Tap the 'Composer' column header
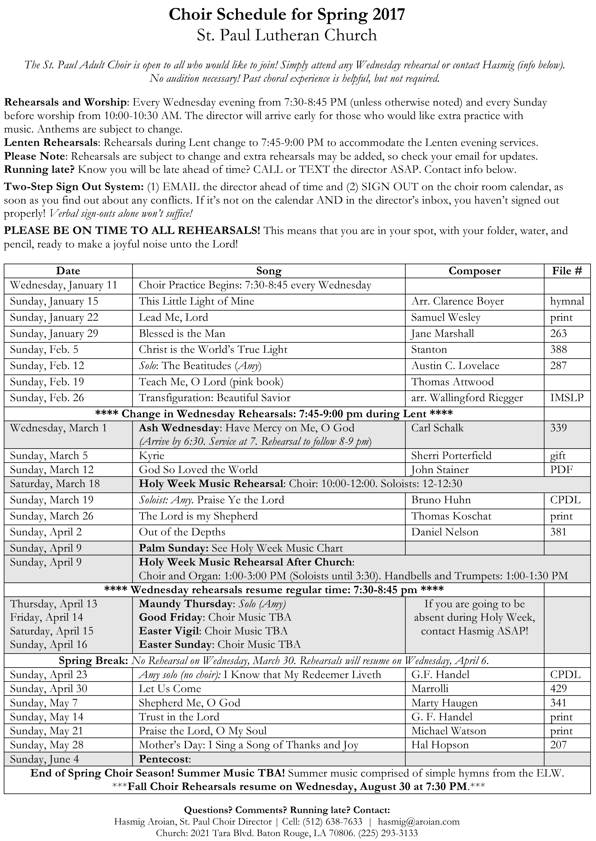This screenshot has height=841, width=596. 474,271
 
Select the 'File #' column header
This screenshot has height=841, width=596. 567,271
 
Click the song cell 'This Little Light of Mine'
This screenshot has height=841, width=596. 196,301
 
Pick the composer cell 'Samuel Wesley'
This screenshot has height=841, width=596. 446,317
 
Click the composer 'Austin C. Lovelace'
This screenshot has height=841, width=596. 455,366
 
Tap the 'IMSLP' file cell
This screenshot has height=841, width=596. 567,398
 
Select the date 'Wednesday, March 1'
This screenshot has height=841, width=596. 58,428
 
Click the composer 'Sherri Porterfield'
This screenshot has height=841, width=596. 451,456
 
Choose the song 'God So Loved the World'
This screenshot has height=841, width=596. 198,470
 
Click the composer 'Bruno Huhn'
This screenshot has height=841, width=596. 441,500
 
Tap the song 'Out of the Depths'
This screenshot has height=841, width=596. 182,532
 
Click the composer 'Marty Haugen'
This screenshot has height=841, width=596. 445,703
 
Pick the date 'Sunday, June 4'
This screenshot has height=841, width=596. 44,759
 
